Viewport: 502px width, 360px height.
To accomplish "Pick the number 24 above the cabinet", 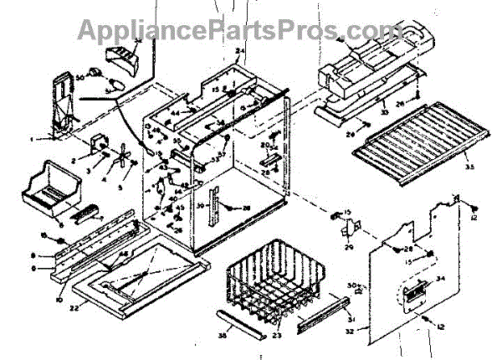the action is click(x=239, y=52).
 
